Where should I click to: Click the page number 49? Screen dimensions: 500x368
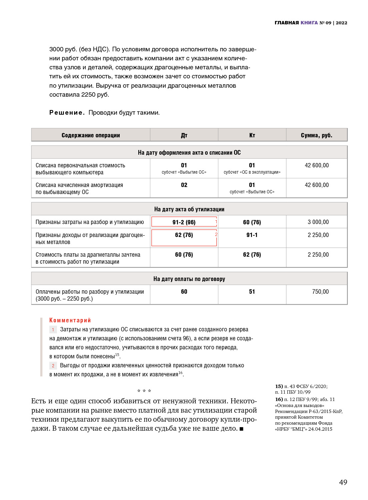pyautogui.click(x=343, y=482)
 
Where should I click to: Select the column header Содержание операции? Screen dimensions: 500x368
pyautogui.click(x=91, y=135)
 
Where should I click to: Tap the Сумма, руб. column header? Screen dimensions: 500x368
pyautogui.click(x=316, y=135)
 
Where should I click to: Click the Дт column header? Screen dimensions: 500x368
pyautogui.click(x=184, y=135)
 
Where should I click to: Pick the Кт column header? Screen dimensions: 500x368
pyautogui.click(x=252, y=135)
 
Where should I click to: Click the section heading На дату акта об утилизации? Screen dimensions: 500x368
pyautogui.click(x=189, y=209)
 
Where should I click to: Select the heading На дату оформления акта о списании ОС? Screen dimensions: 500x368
pyautogui.click(x=189, y=153)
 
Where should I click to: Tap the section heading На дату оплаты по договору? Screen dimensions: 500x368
pyautogui.click(x=189, y=279)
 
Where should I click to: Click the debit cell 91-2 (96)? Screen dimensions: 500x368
pyautogui.click(x=184, y=222)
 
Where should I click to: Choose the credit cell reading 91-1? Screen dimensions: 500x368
pyautogui.click(x=252, y=235)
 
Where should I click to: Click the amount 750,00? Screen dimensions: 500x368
pyautogui.click(x=320, y=292)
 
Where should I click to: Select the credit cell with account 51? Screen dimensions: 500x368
pyautogui.click(x=252, y=292)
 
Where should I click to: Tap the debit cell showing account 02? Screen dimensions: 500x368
pyautogui.click(x=184, y=185)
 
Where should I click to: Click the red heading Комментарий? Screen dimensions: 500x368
pyautogui.click(x=70, y=320)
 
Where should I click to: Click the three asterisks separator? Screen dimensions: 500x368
pyautogui.click(x=144, y=391)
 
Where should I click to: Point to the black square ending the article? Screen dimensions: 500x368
pyautogui.click(x=241, y=429)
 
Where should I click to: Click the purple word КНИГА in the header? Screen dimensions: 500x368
pyautogui.click(x=309, y=23)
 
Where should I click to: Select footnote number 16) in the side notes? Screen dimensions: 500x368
pyautogui.click(x=279, y=399)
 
